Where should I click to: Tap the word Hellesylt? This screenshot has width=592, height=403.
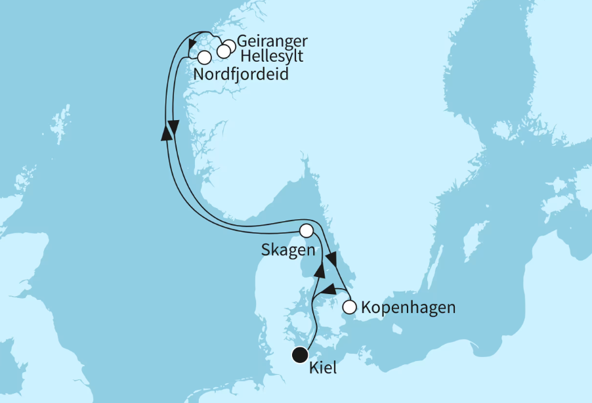pos(271,56)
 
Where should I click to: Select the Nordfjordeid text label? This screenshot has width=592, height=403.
pos(242,75)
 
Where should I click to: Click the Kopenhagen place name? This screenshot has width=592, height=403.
pos(408,307)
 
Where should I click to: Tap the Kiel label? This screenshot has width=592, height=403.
pos(321,368)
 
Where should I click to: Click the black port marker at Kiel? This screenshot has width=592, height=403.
pos(300,354)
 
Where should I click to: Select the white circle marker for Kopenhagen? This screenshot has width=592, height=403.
pos(350,307)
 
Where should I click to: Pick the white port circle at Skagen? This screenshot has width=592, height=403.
pos(306,230)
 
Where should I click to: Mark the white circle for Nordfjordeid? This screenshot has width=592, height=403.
pos(204,57)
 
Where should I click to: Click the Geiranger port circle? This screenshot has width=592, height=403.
pos(229,47)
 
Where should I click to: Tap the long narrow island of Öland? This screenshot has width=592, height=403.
pos(436,263)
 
